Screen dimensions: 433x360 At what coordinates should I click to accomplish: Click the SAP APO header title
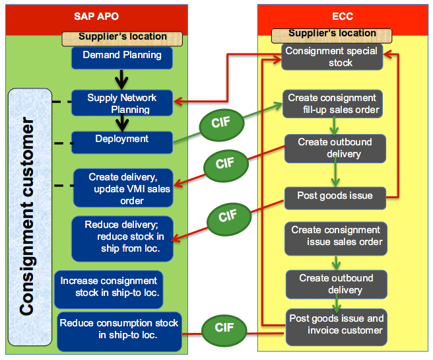click(x=96, y=17)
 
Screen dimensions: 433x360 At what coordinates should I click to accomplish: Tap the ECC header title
click(x=343, y=17)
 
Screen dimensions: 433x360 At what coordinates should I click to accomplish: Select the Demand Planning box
click(x=121, y=58)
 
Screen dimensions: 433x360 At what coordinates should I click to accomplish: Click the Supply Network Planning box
click(x=121, y=103)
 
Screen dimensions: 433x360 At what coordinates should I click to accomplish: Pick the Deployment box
click(x=121, y=143)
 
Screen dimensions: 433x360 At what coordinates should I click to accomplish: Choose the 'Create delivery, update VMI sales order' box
click(x=123, y=188)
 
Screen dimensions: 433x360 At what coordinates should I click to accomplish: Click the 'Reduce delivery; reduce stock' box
click(x=122, y=238)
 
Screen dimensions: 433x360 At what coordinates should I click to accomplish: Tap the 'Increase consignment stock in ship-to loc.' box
click(x=109, y=289)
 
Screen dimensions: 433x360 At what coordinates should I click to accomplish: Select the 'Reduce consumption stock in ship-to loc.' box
click(x=119, y=332)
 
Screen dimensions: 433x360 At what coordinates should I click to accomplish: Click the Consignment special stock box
click(x=332, y=57)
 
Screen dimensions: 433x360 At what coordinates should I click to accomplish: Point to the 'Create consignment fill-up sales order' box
click(x=333, y=104)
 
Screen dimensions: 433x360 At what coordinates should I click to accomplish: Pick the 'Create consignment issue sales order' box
click(x=336, y=238)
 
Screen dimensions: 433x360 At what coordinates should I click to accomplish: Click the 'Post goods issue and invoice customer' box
click(x=337, y=327)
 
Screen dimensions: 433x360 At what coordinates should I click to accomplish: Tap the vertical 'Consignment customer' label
click(x=27, y=217)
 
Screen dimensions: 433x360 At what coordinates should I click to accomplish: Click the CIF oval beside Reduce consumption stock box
click(x=224, y=330)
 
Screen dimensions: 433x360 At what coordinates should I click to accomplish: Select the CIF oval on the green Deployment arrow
click(x=222, y=124)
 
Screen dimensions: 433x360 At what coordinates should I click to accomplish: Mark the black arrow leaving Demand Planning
click(x=121, y=79)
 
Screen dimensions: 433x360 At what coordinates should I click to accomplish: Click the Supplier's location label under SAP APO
click(x=122, y=39)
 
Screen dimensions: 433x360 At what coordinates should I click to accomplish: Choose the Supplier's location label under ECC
click(x=331, y=36)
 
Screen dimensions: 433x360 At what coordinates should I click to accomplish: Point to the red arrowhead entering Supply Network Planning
click(x=178, y=102)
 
